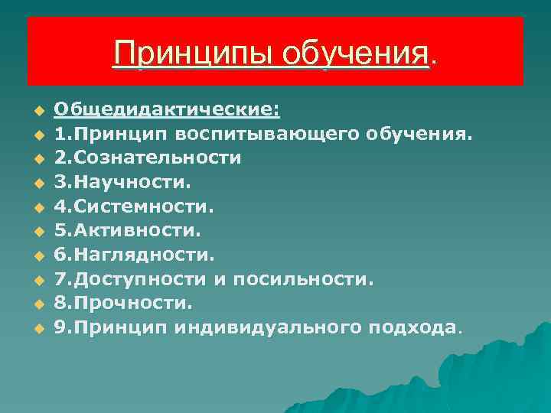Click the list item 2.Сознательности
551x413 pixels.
pyautogui.click(x=148, y=158)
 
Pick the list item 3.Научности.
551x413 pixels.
pyautogui.click(x=122, y=183)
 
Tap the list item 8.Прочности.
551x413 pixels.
pyautogui.click(x=122, y=304)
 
